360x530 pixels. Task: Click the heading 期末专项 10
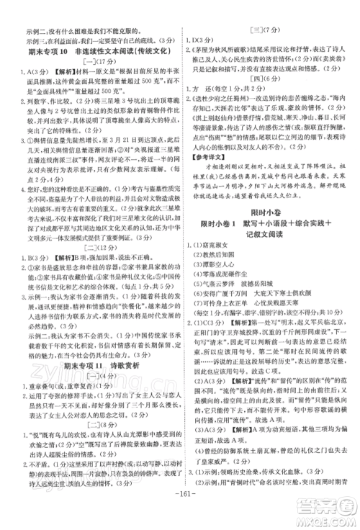[x=48, y=53]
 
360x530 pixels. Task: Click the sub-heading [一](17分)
[x=92, y=63]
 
